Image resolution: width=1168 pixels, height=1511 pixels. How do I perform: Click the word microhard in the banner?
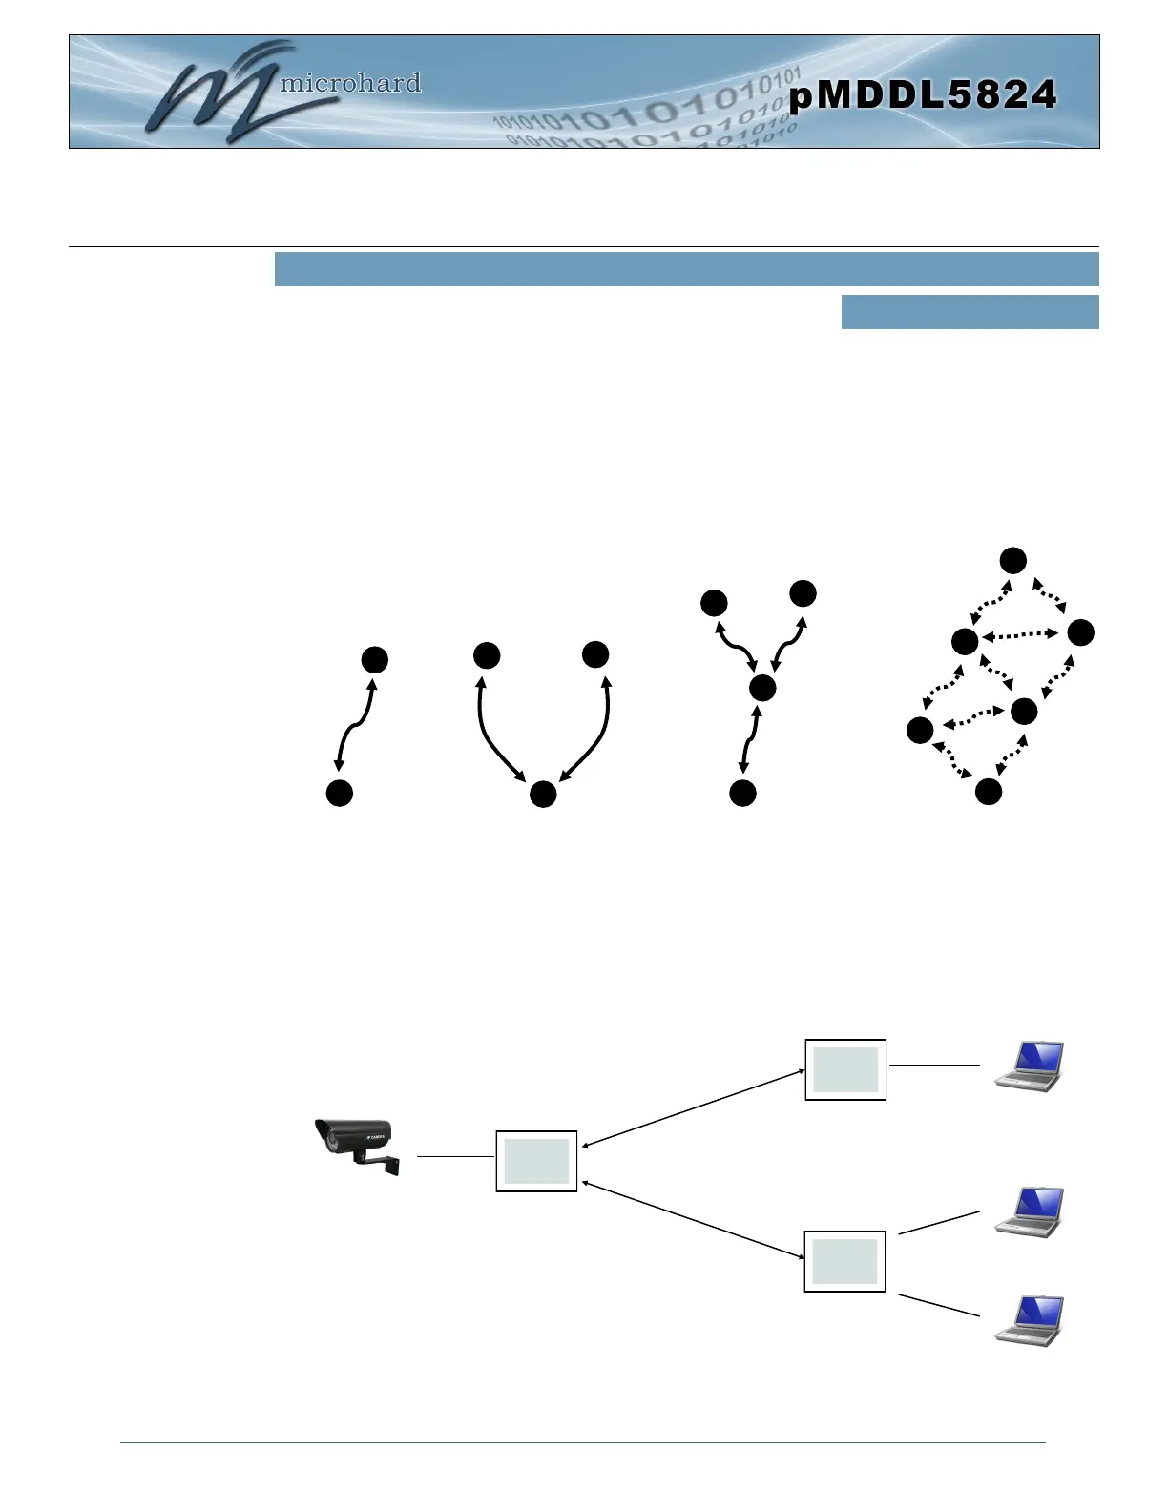pos(349,84)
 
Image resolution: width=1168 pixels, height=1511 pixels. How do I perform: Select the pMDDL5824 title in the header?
pos(923,95)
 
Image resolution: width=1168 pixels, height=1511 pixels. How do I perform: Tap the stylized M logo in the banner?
pos(214,93)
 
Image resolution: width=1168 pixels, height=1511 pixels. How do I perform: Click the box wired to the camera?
pos(536,1161)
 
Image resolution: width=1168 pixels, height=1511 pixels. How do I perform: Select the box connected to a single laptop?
pos(845,1069)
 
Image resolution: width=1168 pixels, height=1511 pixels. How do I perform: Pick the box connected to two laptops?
pos(845,1261)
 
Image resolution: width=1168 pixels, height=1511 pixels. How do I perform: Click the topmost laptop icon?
pos(1029,1066)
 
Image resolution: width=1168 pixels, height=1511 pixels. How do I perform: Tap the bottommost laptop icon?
pos(1029,1320)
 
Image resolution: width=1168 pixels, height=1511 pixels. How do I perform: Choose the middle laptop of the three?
pos(1029,1211)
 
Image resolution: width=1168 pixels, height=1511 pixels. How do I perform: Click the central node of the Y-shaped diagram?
pos(762,688)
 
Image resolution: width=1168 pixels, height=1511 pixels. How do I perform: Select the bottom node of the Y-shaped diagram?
pos(742,793)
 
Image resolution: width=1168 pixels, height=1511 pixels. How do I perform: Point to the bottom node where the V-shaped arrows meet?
pos(543,794)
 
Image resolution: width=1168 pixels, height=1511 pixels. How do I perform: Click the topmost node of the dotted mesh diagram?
pos(1012,561)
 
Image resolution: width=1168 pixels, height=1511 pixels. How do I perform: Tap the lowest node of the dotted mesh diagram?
pos(989,791)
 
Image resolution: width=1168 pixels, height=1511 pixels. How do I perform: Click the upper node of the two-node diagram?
pos(375,659)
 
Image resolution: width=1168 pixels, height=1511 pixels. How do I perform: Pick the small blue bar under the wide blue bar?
pos(970,312)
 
